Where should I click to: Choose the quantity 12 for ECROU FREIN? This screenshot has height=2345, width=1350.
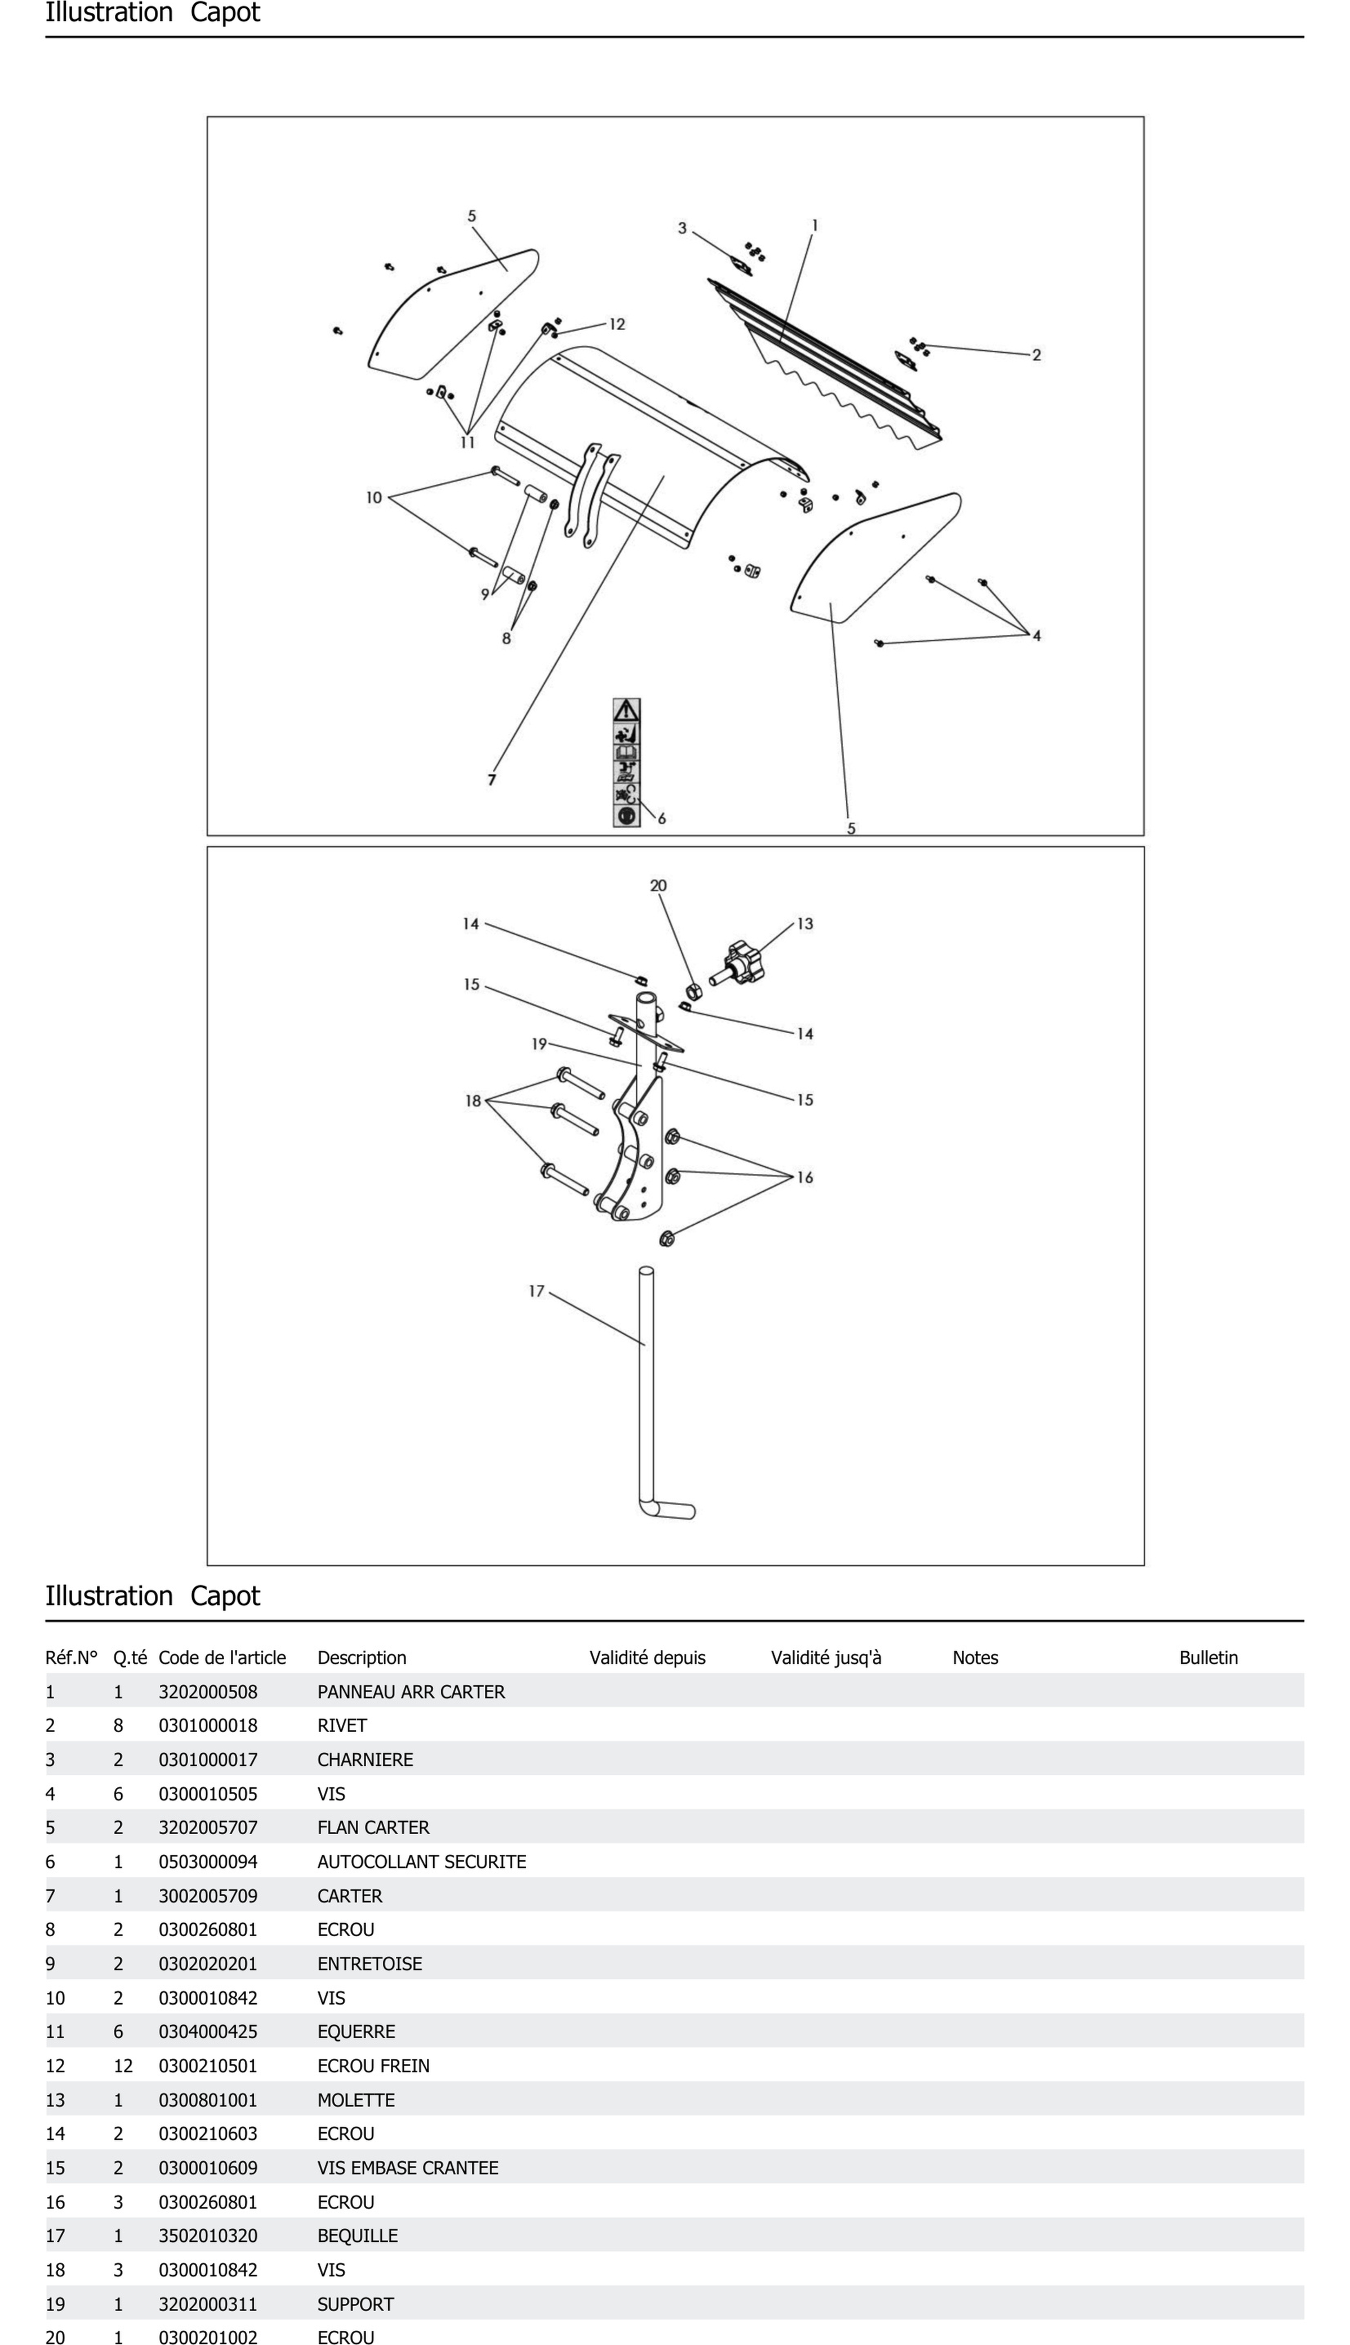click(x=123, y=2066)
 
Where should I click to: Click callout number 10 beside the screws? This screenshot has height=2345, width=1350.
click(x=374, y=498)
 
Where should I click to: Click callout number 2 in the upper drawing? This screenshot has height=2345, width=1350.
click(x=1037, y=355)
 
